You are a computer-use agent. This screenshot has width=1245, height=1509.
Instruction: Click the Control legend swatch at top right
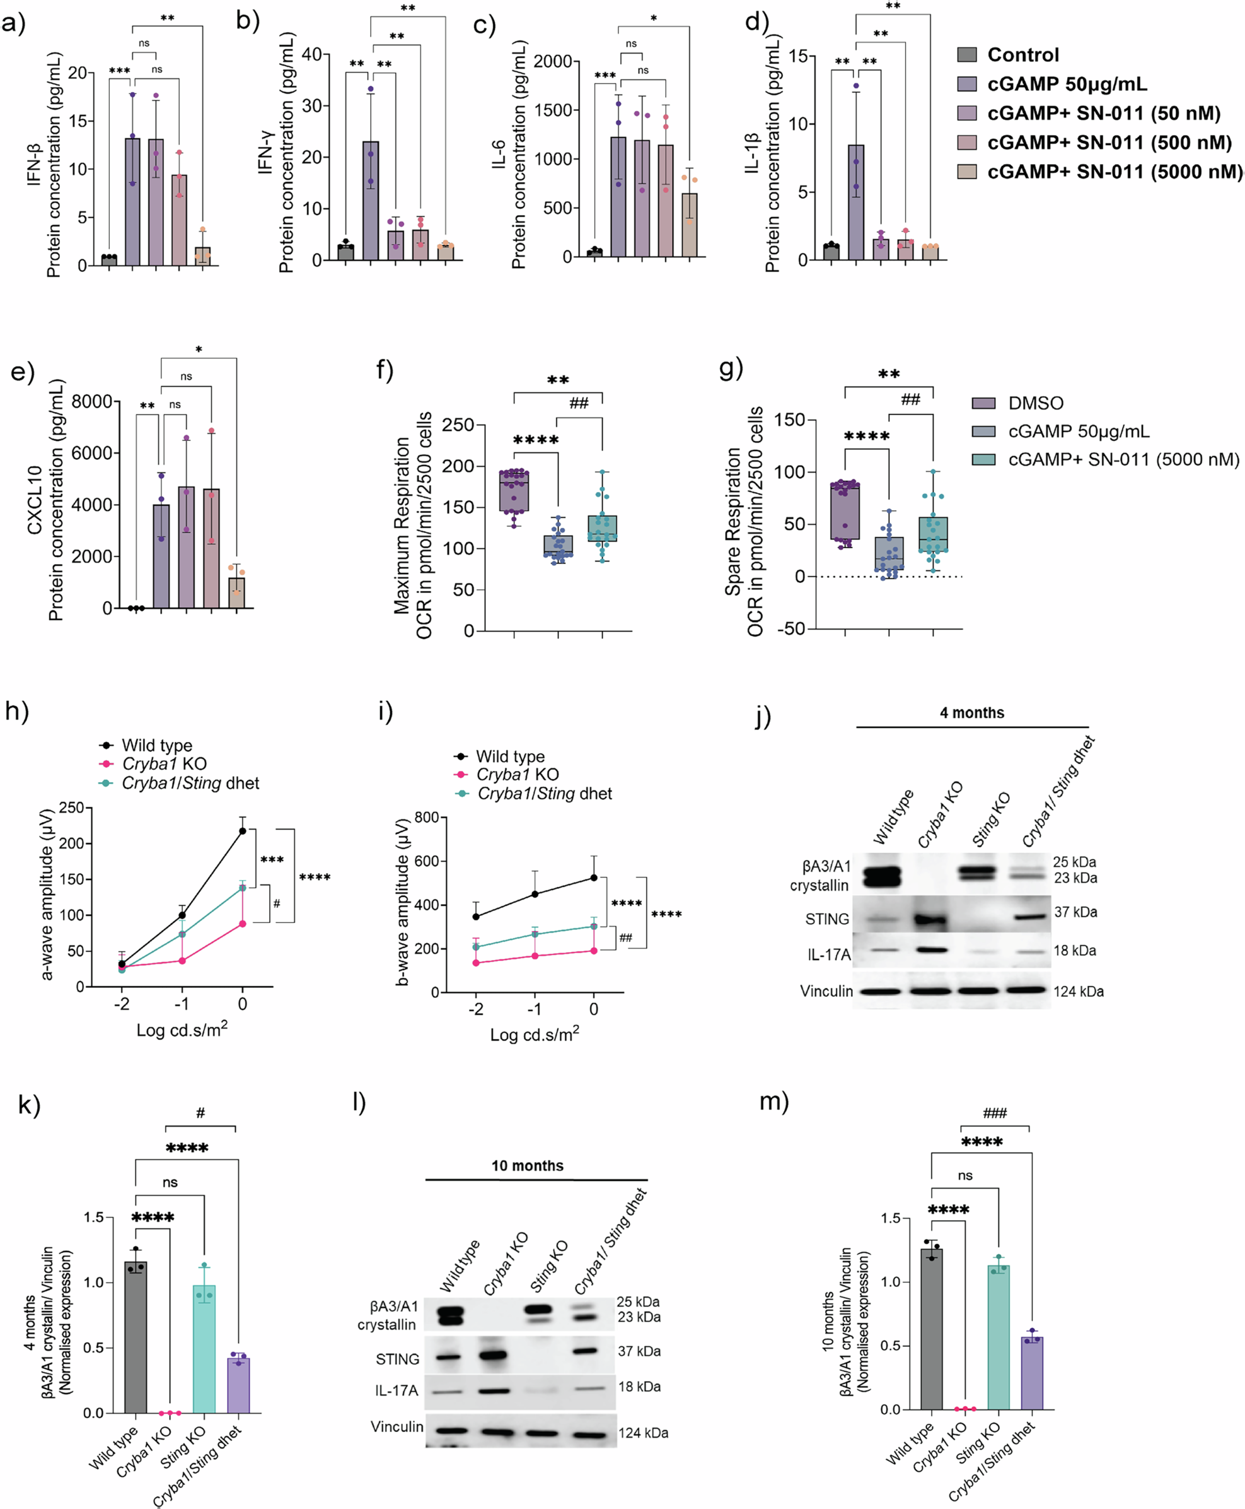pos(967,54)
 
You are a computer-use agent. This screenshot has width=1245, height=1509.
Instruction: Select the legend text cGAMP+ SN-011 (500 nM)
pos(1109,143)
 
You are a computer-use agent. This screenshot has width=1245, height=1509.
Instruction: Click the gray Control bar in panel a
pos(109,260)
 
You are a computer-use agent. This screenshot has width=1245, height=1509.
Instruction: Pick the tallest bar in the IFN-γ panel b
pos(370,201)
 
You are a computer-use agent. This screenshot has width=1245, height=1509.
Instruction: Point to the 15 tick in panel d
pos(797,56)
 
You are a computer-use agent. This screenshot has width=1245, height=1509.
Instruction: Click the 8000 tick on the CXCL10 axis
pos(92,401)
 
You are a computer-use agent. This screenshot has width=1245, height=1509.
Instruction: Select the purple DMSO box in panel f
pos(514,491)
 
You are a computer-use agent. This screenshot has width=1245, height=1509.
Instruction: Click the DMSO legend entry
pos(1035,403)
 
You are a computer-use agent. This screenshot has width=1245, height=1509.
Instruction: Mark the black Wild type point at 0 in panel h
pos(243,831)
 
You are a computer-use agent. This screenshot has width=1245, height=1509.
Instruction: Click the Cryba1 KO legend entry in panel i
pos(516,774)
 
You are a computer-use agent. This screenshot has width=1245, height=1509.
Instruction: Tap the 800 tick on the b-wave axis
pos(427,818)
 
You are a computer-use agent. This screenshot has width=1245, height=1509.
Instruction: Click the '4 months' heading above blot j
pos(972,712)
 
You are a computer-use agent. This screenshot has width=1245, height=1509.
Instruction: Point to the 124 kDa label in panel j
pos(1078,991)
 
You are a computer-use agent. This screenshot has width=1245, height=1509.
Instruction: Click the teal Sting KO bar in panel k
pos(204,1348)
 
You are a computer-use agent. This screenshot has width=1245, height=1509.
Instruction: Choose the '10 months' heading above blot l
pos(527,1165)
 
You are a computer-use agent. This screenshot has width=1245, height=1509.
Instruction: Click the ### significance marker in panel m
pos(994,1113)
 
